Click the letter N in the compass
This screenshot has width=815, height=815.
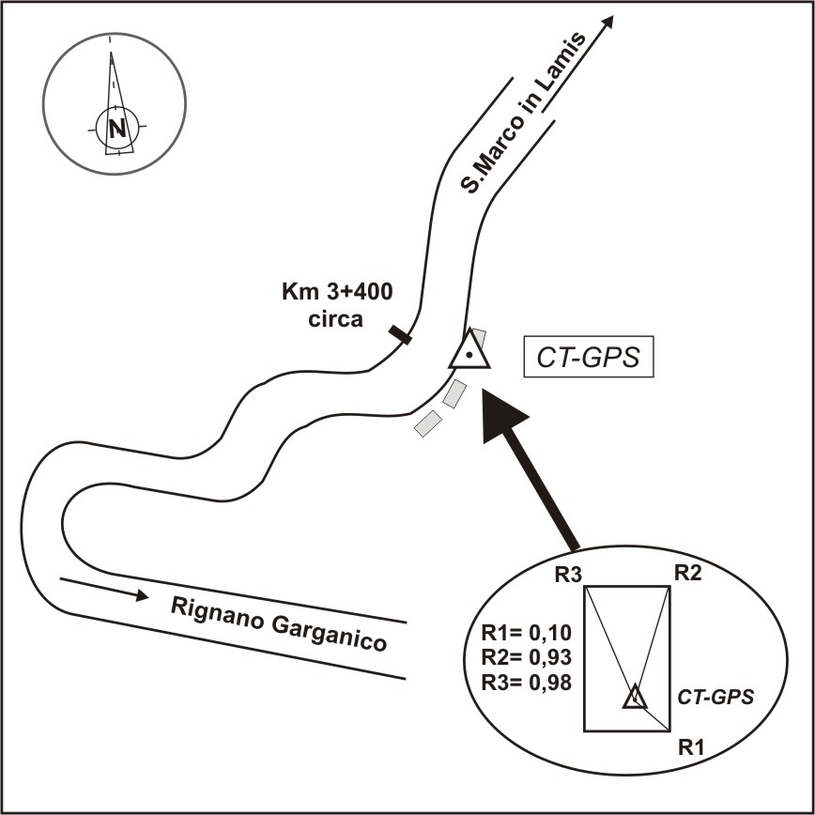[x=116, y=129]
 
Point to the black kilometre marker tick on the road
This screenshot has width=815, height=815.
[x=399, y=333]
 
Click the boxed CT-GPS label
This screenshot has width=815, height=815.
[x=588, y=359]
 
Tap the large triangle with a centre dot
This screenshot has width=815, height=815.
[x=468, y=353]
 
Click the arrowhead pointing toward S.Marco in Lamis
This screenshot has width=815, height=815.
[x=607, y=23]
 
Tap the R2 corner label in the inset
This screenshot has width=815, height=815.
[x=688, y=574]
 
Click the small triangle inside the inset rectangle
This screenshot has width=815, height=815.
[x=636, y=697]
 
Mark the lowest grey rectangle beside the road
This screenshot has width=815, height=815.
[x=427, y=423]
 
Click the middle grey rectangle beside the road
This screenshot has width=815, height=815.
[x=454, y=393]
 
